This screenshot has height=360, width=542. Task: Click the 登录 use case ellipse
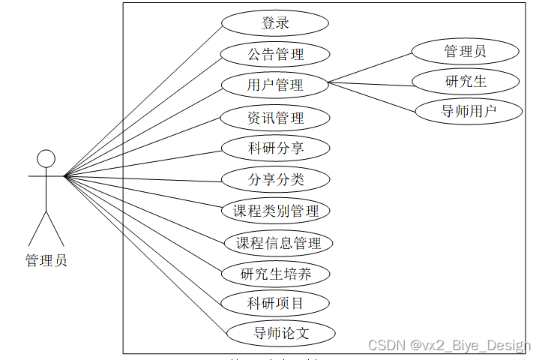pos(275,22)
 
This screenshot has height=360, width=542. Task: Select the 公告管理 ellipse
pos(275,54)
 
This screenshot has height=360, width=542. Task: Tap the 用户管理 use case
pos(275,85)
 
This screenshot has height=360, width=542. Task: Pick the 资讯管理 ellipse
pos(275,118)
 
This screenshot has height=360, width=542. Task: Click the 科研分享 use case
pos(275,148)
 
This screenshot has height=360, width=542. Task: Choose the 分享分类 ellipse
pos(275,179)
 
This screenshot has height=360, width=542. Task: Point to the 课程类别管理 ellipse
pos(276,211)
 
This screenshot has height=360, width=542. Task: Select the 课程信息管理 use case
pos(278,242)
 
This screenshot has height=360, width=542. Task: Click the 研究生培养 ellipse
pos(275,274)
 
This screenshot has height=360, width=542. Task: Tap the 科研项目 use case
pos(275,303)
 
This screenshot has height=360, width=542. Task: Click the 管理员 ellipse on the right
pos(465,51)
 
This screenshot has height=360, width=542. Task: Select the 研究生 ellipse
pos(465,81)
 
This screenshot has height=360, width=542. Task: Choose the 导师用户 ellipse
pos(469,112)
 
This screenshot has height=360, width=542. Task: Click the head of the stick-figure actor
pos(46,158)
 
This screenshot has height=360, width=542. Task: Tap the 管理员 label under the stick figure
pos(46,261)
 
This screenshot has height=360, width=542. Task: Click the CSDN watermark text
pos(449,345)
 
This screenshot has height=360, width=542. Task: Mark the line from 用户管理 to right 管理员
pos(371,68)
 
